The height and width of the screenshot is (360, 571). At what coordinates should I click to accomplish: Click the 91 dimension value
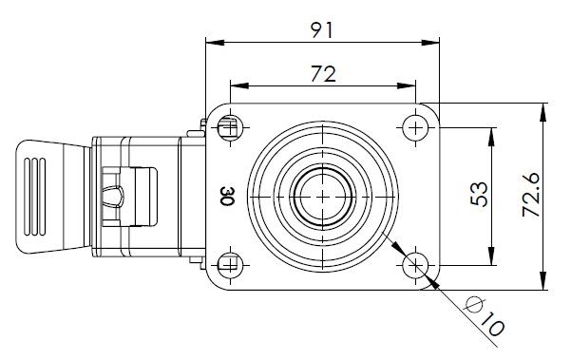click(322, 30)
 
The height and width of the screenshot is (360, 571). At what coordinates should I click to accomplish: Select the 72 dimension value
click(323, 74)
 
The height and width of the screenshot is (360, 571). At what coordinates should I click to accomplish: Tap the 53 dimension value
click(479, 194)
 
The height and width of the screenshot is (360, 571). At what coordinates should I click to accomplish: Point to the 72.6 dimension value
click(530, 196)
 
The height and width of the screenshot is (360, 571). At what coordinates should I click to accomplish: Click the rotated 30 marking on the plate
click(228, 197)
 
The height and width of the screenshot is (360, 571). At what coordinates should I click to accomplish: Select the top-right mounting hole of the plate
click(415, 127)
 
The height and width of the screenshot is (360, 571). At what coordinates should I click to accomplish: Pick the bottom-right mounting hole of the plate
click(415, 266)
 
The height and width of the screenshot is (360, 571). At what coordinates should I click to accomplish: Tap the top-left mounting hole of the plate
click(230, 127)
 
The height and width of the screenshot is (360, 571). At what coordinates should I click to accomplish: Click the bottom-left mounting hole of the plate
click(230, 266)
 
